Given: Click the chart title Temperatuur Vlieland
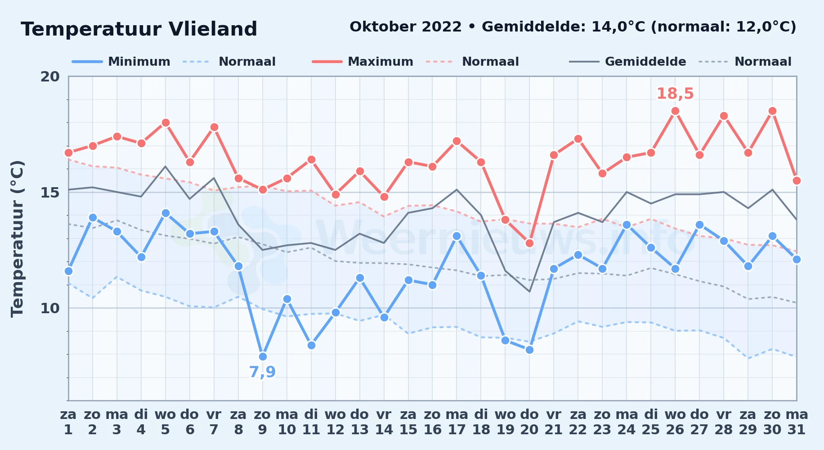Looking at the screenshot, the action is pos(139,29).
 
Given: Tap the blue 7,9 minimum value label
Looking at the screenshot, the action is pos(262,372).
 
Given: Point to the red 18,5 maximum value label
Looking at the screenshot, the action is pos(675,94).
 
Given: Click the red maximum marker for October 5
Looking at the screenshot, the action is pos(166,123).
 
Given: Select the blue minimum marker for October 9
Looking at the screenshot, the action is pos(263,357).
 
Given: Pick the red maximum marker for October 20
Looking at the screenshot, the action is pos(529,243).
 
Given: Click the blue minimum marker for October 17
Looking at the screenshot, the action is pos(457,236).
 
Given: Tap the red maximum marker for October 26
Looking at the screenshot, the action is pos(675,111).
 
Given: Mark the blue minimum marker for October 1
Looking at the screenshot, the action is pos(68,271).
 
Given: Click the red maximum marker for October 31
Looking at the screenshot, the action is pos(797,181).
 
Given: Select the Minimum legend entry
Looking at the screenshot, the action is pos(121,62).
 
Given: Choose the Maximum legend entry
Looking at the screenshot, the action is pos(363,62).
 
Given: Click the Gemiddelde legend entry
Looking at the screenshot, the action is pos(628,62).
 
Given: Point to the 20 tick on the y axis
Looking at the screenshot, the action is pos(50,76).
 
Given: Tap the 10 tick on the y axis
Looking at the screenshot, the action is pos(50,308).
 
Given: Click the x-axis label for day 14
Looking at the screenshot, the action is pos(384,422).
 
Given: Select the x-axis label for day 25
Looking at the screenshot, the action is pos(651,422).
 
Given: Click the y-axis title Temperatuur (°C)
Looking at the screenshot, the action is pos(17,238).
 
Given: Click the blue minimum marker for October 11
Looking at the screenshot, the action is pos(311,346).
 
